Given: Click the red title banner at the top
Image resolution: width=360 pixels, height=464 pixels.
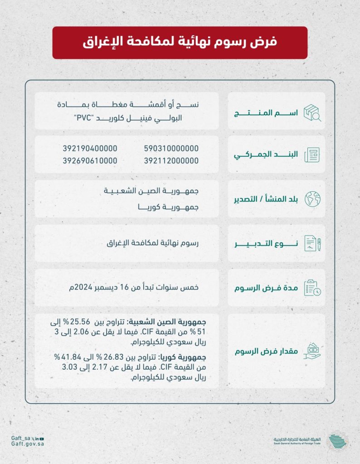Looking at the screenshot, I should [x=180, y=43].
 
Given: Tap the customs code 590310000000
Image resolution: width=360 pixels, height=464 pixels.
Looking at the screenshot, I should [x=171, y=148].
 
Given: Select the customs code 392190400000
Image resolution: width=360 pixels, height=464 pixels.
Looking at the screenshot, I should [x=90, y=148].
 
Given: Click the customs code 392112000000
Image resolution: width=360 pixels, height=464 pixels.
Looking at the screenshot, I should [x=171, y=161].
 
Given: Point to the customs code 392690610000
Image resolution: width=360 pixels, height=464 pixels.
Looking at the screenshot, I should [x=90, y=161].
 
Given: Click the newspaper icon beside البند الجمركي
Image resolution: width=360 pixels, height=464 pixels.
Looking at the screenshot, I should [x=312, y=155].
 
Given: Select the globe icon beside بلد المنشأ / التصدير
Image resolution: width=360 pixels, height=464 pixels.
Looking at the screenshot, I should [x=312, y=198].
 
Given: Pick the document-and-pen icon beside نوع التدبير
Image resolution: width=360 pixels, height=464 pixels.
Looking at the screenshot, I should [x=312, y=243].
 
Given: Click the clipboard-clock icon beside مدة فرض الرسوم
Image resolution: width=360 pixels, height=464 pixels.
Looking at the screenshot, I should [x=312, y=287].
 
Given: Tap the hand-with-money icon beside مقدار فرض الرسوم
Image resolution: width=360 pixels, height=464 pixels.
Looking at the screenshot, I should [x=312, y=351].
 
